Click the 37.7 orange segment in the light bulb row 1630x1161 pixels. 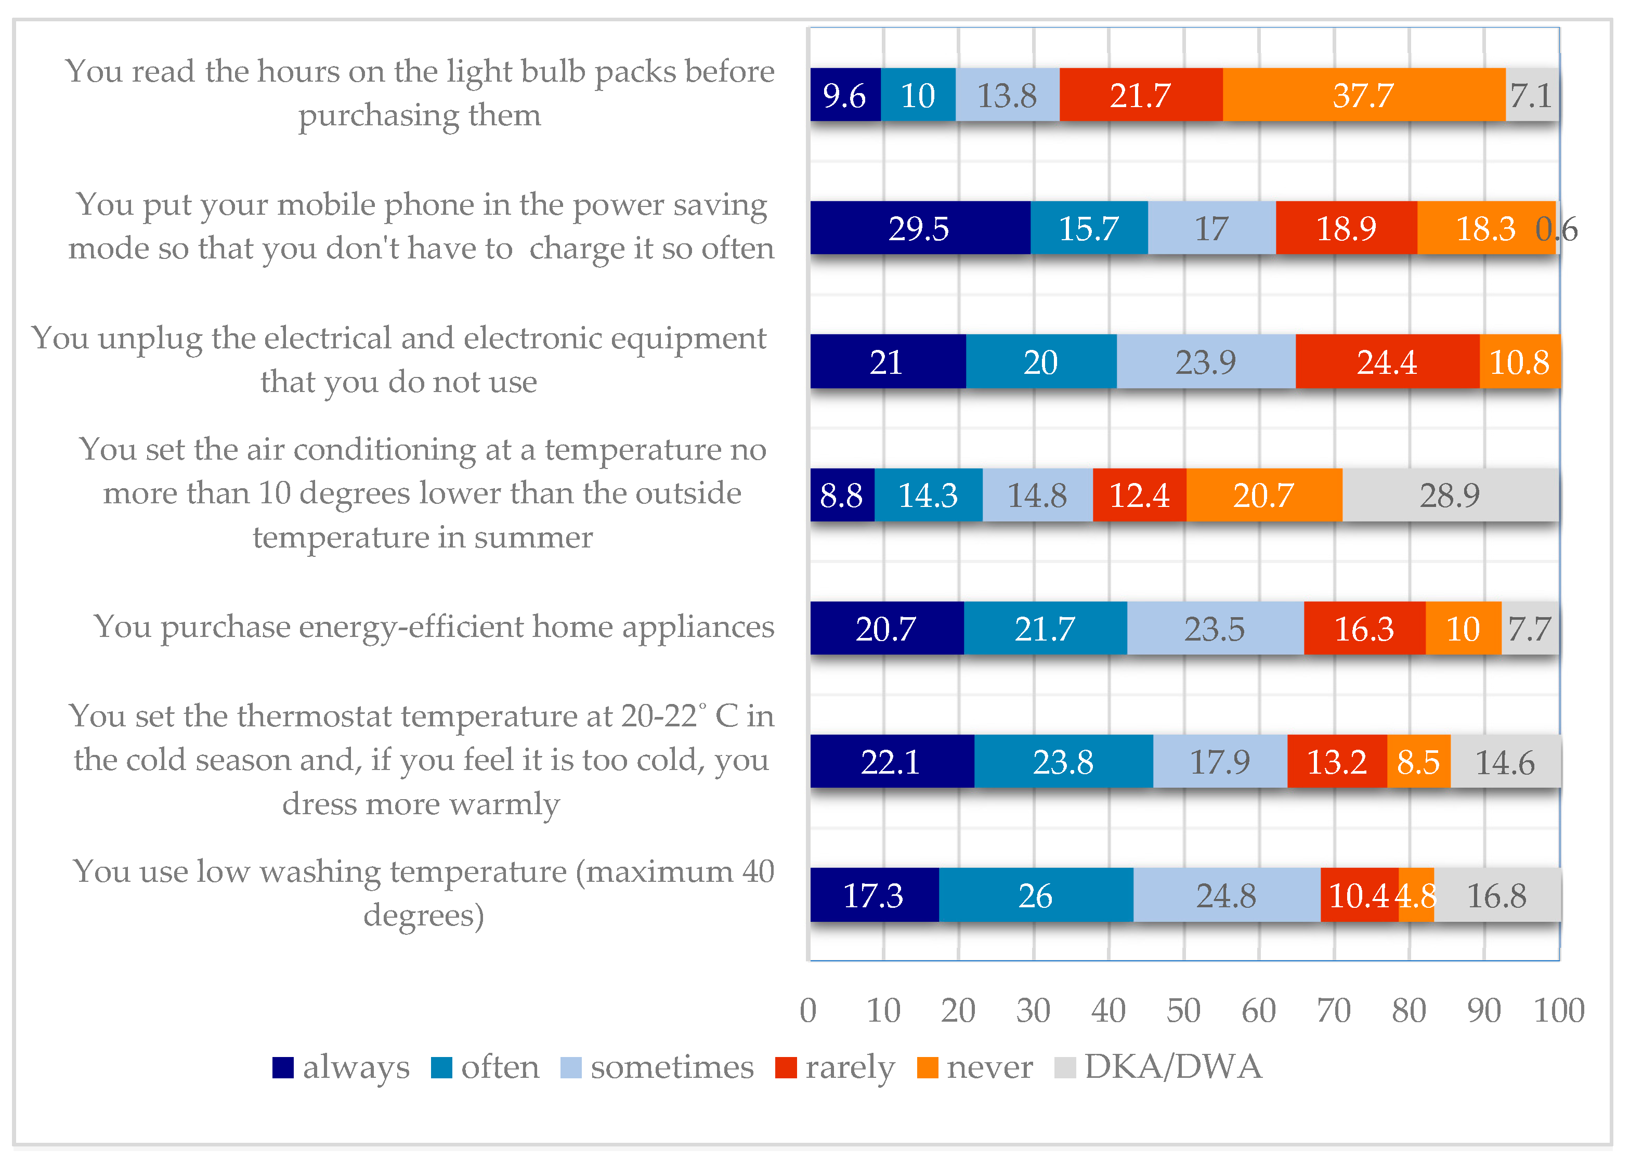[x=1363, y=95]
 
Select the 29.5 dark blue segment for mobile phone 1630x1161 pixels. [x=919, y=228]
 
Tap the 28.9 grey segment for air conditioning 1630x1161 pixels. [x=1450, y=495]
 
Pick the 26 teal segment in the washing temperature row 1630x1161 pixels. [x=1035, y=895]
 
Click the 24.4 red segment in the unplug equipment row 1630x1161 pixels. [x=1387, y=362]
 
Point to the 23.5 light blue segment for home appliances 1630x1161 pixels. [x=1215, y=629]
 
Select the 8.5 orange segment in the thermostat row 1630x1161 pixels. [x=1418, y=761]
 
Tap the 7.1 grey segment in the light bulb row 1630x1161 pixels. [x=1531, y=95]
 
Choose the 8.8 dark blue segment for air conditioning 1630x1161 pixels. [x=841, y=495]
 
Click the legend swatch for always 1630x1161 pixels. [x=283, y=1067]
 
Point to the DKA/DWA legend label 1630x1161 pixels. [x=1172, y=1067]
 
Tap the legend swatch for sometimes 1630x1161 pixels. [x=570, y=1067]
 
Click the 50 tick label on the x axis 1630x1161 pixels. [x=1183, y=1011]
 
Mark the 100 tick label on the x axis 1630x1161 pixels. [x=1559, y=1011]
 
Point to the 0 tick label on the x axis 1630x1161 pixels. [x=808, y=1011]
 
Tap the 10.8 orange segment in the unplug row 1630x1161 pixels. [x=1519, y=362]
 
